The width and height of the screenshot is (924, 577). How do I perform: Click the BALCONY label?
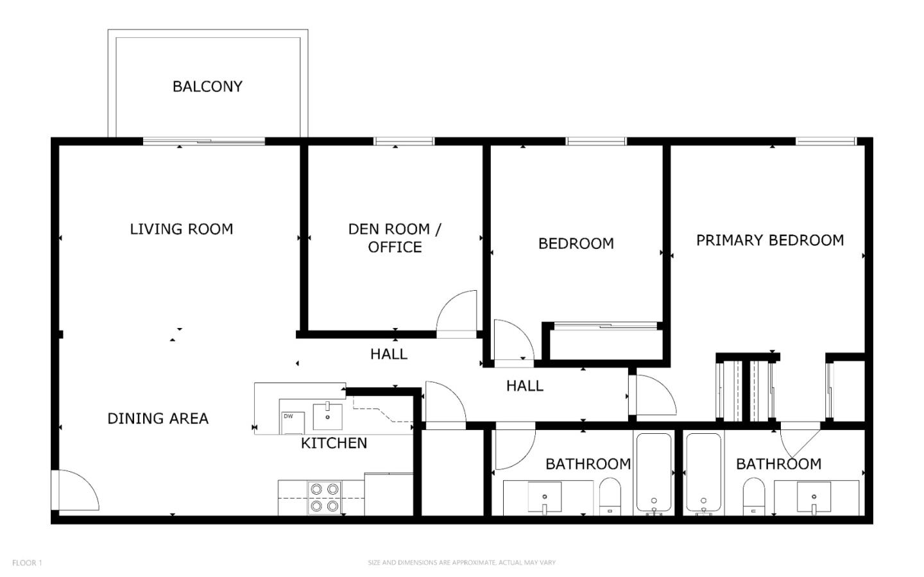point(207,87)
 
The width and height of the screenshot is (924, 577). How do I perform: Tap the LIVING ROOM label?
point(182,229)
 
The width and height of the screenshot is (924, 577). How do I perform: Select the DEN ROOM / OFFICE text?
point(395,238)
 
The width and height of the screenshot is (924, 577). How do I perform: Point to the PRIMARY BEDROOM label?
point(770,240)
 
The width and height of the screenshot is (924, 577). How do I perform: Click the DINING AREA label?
point(158,418)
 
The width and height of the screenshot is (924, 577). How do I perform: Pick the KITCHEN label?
point(334,444)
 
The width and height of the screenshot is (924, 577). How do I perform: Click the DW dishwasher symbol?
point(293,423)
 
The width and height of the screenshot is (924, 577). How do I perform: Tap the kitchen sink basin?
point(327,417)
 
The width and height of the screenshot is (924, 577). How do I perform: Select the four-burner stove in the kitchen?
point(324,498)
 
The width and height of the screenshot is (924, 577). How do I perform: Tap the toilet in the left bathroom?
point(610,497)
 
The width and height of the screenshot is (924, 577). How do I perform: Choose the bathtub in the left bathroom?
point(653,473)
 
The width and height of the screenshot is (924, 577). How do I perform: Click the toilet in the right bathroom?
point(753,497)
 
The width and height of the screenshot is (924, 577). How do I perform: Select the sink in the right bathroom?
point(814,497)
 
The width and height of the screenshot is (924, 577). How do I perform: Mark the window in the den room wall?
point(404,141)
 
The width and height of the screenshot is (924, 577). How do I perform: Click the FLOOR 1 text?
point(27,562)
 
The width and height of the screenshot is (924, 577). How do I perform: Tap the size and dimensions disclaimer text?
point(461,562)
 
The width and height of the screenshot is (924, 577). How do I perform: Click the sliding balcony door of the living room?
point(204,141)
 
